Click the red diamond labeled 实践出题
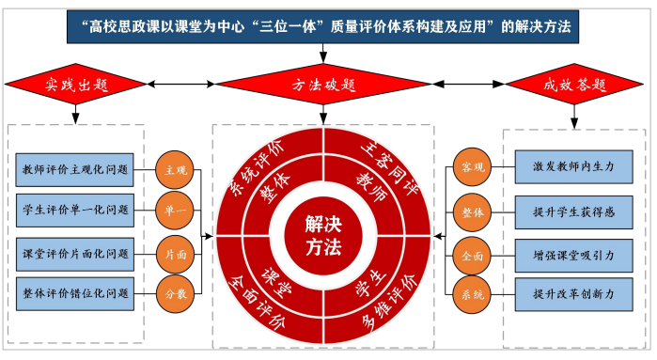coord(75,85)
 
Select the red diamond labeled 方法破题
coord(323,85)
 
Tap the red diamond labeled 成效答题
coord(574,85)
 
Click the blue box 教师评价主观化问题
coord(74,170)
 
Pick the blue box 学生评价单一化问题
coord(75,210)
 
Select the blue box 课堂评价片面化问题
coord(75,255)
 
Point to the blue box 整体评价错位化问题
coord(75,294)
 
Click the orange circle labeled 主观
coord(175,170)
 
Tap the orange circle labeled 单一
coord(175,210)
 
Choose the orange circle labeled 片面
coord(175,255)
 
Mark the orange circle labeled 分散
coord(175,294)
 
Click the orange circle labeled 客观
coord(472,166)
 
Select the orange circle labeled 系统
coord(472,294)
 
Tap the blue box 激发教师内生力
coord(573,166)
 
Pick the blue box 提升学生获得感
coord(573,212)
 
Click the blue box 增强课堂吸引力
coord(573,256)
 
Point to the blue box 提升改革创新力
coord(573,294)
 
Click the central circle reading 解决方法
coord(323,236)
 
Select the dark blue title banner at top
coord(322,27)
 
